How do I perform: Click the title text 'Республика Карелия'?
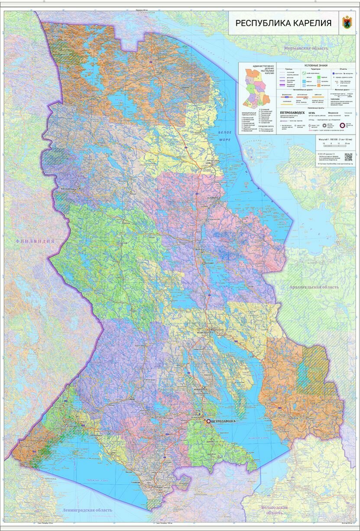284,23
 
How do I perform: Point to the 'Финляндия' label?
35,241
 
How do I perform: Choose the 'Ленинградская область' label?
87,510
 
